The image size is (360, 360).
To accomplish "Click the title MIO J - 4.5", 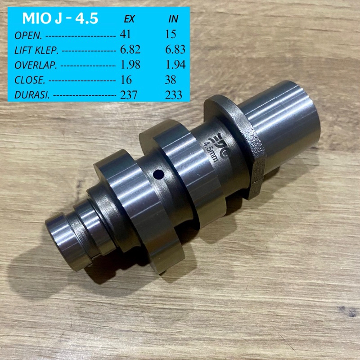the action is pos(60,18).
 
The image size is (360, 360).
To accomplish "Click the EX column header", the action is pos(129,19).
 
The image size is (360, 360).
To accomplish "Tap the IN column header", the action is pos(173,19).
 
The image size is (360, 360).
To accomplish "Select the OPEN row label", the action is pos(28,36).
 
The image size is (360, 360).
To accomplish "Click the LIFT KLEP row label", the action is pos(36,51).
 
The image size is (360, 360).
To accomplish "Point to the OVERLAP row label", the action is pos(36,66).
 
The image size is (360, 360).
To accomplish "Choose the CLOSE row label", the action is pos(30,80).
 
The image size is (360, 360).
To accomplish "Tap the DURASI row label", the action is pos(32,95).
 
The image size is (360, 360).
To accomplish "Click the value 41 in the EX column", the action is pos(126,34).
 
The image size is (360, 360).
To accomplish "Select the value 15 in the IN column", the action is pos(171,34).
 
